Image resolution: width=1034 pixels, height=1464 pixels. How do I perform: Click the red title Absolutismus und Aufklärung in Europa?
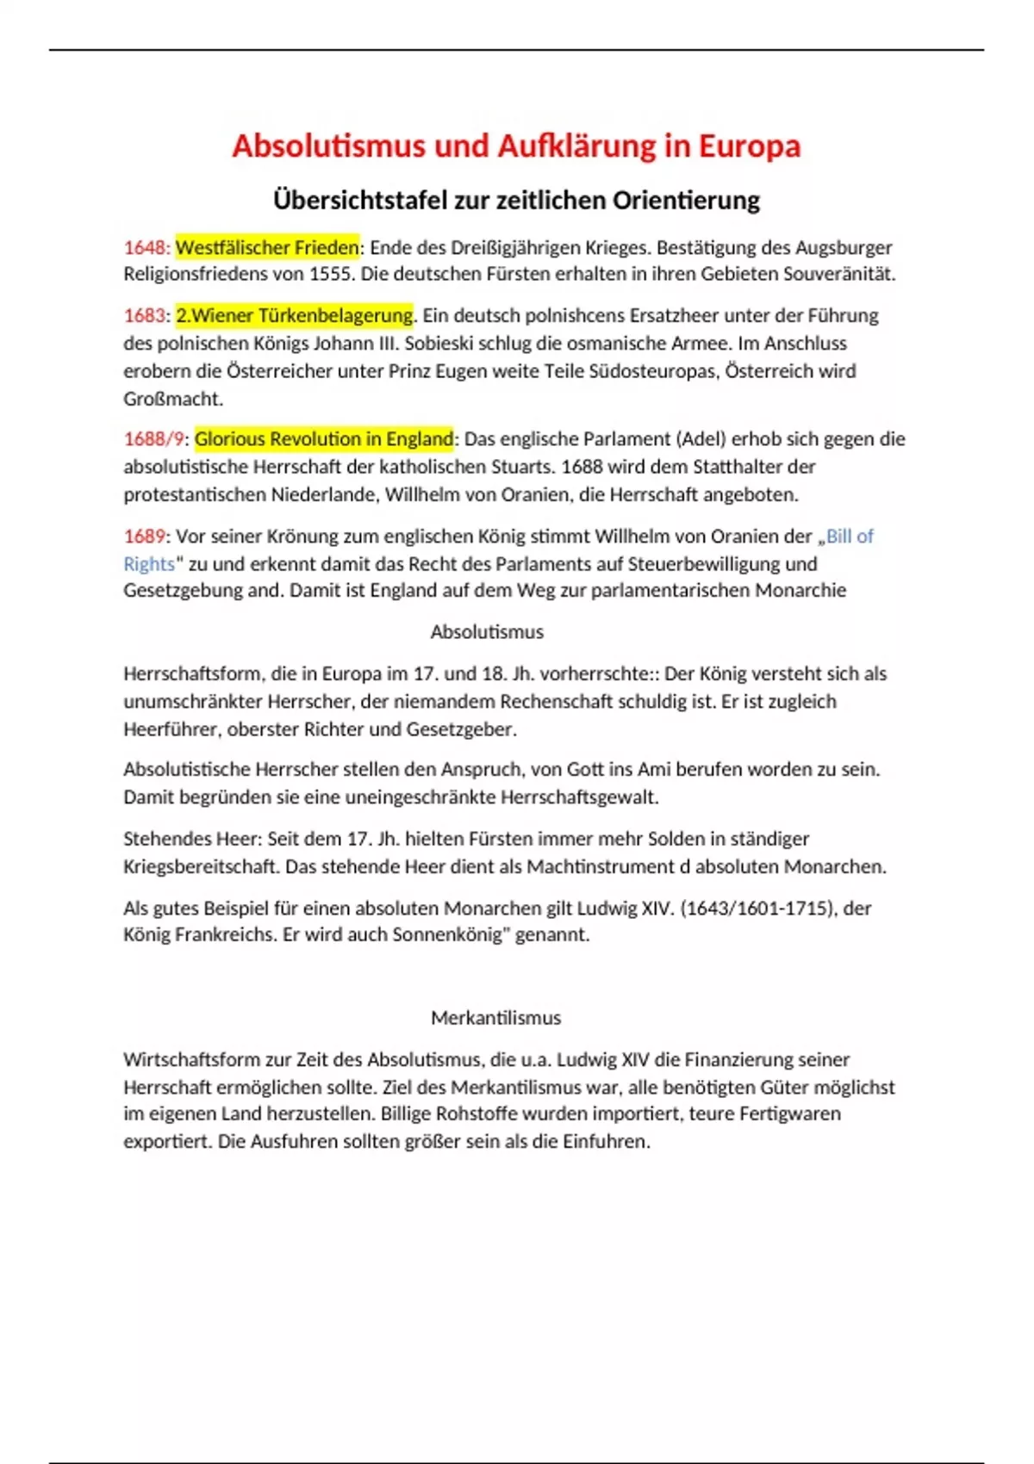click(x=516, y=146)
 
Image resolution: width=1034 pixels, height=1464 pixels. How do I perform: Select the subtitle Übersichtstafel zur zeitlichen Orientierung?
click(x=516, y=201)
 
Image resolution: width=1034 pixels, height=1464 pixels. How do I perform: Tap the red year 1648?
click(x=146, y=248)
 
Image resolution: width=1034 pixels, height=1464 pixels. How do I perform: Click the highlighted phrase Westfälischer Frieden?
click(x=267, y=248)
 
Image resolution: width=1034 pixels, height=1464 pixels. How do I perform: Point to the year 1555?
click(x=331, y=275)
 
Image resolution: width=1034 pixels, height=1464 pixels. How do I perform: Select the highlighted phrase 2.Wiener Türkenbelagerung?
click(x=294, y=316)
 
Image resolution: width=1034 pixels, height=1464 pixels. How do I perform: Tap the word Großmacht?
click(x=172, y=399)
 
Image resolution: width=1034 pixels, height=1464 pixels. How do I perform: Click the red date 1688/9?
click(x=153, y=439)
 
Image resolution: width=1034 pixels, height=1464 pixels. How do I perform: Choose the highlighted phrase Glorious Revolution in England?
click(x=324, y=439)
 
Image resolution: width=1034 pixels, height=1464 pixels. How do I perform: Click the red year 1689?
click(x=144, y=537)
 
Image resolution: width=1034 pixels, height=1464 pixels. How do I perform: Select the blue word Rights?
click(x=148, y=564)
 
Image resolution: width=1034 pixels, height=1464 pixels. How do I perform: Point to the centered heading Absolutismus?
click(x=487, y=632)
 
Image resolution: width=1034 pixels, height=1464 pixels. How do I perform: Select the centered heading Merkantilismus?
click(x=495, y=1018)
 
